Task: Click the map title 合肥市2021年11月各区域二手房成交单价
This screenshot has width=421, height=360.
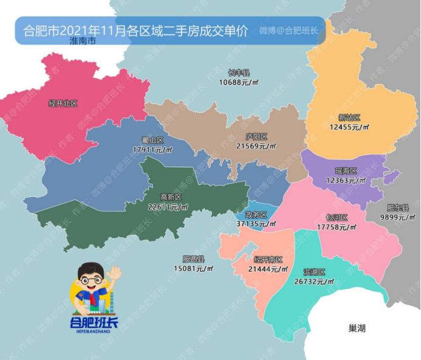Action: pyautogui.click(x=134, y=30)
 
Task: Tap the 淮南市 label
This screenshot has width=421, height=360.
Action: pyautogui.click(x=83, y=43)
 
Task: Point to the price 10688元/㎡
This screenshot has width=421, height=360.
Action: pyautogui.click(x=239, y=81)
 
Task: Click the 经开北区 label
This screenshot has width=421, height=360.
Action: pyautogui.click(x=63, y=104)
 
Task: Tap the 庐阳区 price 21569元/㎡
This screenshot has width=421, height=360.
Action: pyautogui.click(x=256, y=146)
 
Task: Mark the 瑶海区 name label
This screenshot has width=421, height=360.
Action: pyautogui.click(x=346, y=171)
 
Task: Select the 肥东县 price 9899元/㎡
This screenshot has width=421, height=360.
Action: pyautogui.click(x=395, y=216)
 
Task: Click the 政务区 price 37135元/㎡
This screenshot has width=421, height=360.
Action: pyautogui.click(x=256, y=223)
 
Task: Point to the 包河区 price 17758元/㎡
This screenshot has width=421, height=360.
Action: pyautogui.click(x=336, y=227)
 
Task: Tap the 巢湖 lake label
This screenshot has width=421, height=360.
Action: pyautogui.click(x=357, y=328)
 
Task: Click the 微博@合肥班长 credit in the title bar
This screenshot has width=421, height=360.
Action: pyautogui.click(x=289, y=30)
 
